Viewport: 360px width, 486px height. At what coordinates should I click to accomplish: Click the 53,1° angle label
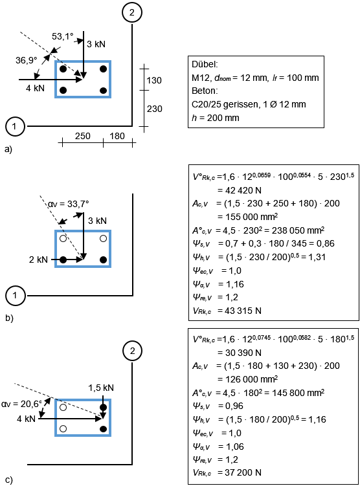coord(63,37)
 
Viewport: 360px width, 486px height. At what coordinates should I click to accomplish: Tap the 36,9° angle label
coord(27,60)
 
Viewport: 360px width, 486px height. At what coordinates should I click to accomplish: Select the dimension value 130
coord(154,81)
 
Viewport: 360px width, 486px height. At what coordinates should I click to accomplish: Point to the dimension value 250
coord(82,136)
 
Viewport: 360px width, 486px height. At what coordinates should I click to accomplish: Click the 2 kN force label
coord(38,260)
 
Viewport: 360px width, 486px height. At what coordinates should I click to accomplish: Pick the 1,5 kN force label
coord(101,388)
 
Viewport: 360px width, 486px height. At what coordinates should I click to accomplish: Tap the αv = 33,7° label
coord(68,204)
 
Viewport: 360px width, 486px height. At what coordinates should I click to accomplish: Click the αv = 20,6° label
coord(21,404)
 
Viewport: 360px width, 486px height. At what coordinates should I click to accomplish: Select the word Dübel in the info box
coord(205,64)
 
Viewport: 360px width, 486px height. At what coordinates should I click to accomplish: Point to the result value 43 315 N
coord(240,311)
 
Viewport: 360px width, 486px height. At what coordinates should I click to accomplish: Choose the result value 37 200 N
coord(240,472)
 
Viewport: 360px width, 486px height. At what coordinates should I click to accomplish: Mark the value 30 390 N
coord(240,353)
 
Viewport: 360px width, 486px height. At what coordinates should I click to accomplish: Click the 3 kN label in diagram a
coord(96,44)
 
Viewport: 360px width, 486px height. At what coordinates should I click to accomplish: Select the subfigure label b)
coord(9,318)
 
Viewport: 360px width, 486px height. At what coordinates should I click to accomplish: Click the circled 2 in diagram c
coord(132,351)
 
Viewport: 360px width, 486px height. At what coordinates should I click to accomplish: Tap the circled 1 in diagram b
coord(15,295)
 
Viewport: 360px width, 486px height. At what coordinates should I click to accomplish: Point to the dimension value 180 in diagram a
coord(117,136)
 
